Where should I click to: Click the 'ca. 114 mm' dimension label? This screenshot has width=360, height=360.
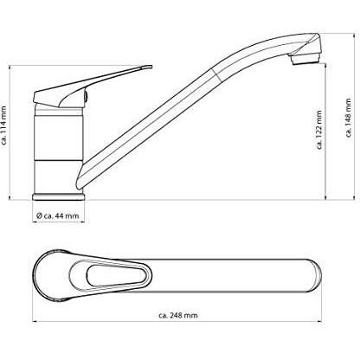point(4,125)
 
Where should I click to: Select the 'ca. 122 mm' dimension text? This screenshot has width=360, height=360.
point(319,130)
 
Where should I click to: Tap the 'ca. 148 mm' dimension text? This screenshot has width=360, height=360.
point(349,118)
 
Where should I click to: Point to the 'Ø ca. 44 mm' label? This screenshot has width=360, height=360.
point(58,215)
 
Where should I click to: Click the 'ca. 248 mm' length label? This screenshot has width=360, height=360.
point(178,315)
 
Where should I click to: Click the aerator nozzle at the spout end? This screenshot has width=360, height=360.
point(305,59)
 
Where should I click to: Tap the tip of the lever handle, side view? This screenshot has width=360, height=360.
point(151,67)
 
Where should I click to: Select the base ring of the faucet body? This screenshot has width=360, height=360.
point(59,197)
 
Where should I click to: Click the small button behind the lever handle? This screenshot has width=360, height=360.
point(86,95)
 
